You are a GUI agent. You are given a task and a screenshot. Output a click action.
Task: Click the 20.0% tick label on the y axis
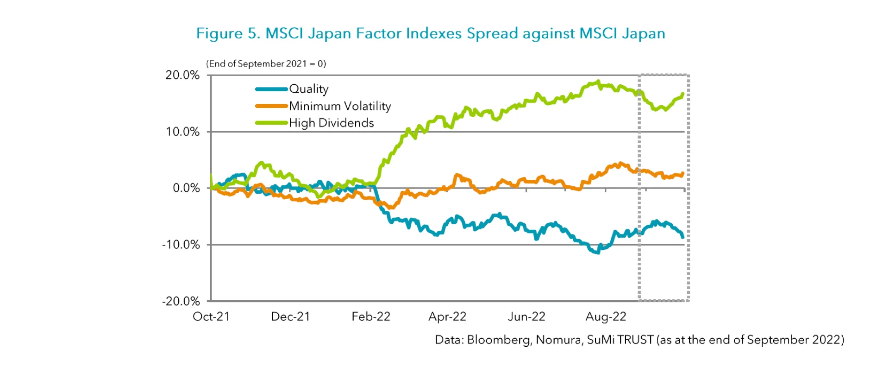click(x=182, y=75)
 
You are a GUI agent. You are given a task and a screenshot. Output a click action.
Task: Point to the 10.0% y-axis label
click(x=182, y=132)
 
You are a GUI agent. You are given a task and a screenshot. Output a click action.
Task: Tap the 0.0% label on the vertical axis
click(x=186, y=188)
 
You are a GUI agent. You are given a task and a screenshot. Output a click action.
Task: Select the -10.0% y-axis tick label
click(x=181, y=245)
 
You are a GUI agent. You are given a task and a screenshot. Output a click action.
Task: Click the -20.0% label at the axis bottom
click(x=181, y=301)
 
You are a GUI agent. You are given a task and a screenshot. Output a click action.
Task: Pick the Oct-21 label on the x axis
click(x=211, y=316)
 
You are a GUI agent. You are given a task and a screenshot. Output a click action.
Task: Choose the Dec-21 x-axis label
click(x=290, y=316)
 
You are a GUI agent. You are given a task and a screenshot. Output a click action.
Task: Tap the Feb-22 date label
click(x=371, y=316)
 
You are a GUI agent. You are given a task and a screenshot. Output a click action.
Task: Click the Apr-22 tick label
click(x=447, y=316)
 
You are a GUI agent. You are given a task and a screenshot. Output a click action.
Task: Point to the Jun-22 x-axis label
click(x=526, y=316)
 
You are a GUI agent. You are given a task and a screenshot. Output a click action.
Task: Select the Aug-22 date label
click(x=606, y=316)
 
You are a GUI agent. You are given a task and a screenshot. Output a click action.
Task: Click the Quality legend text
click(x=309, y=89)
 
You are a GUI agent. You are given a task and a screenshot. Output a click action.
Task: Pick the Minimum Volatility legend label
click(x=340, y=106)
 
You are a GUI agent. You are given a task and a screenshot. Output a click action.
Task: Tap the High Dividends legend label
click(x=332, y=123)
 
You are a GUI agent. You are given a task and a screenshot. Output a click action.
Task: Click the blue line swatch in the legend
click(x=271, y=89)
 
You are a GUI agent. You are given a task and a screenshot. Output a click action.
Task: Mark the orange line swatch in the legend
click(x=271, y=106)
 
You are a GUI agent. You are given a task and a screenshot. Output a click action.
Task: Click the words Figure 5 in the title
click(x=226, y=33)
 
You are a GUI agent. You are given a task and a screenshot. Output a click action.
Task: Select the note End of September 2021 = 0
click(x=266, y=64)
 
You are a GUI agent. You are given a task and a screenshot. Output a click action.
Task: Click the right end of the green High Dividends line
click(x=682, y=95)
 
